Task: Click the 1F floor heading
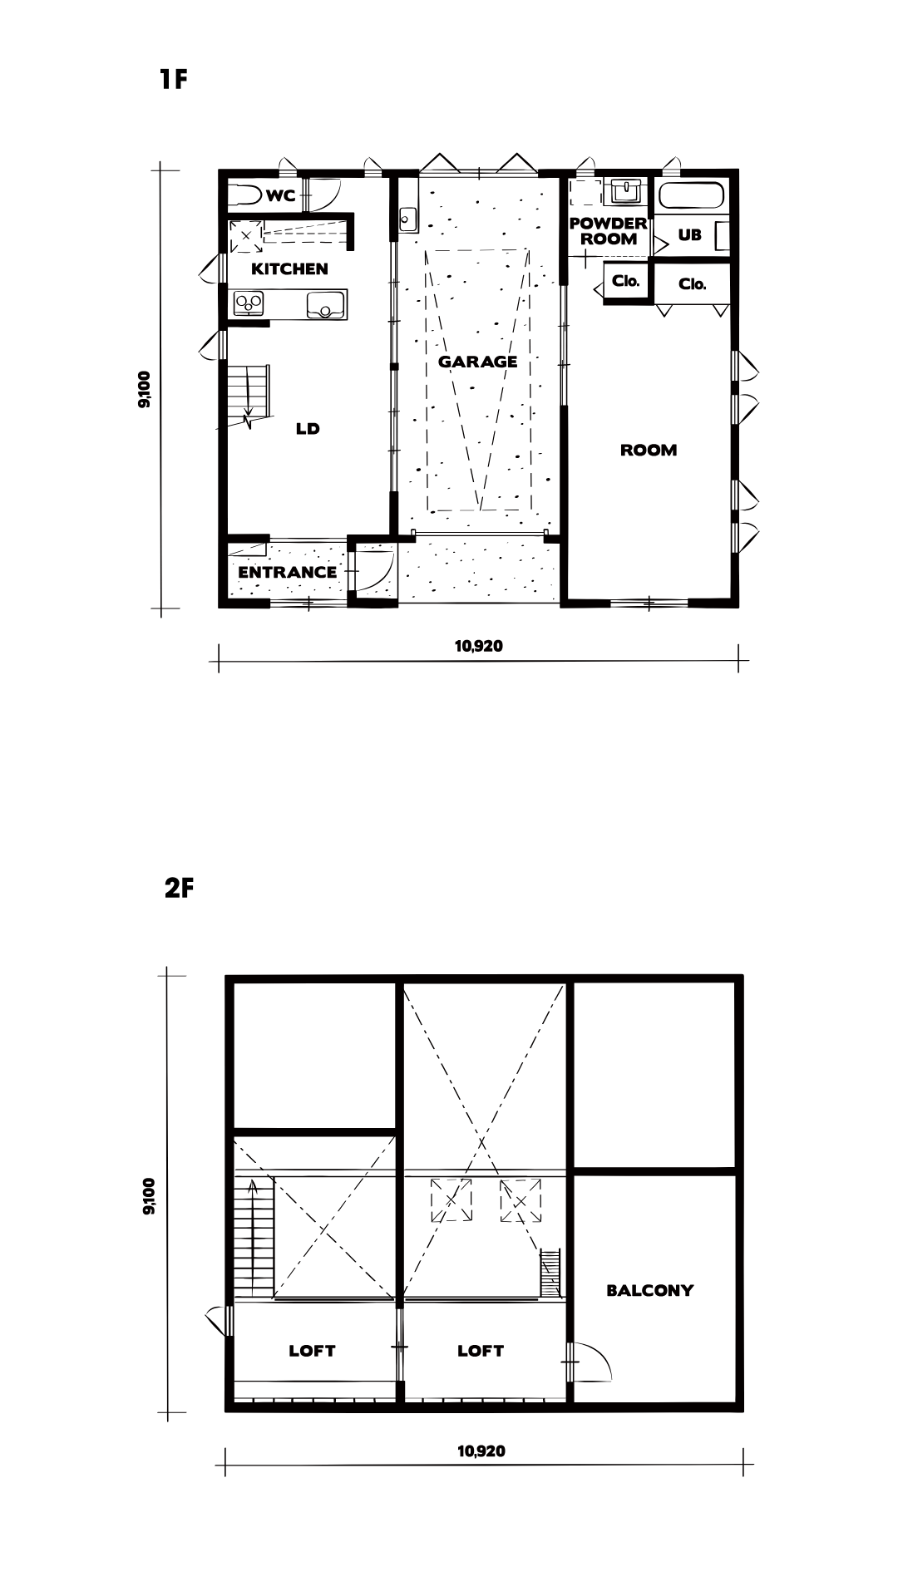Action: point(174,79)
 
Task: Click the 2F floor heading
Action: point(179,888)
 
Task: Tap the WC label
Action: point(281,196)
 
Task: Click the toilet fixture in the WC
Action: point(244,196)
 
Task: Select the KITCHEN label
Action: point(289,268)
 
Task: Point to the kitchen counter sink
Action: point(325,304)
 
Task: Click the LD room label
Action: point(308,429)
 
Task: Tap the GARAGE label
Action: point(477,362)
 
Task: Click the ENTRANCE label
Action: point(287,572)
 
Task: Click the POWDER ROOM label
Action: point(608,231)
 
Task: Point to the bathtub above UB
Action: point(691,197)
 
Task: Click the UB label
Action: point(689,235)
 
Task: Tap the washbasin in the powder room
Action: point(624,191)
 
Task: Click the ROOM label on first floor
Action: point(649,450)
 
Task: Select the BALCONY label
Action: point(649,1291)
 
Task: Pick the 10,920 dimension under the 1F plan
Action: point(479,646)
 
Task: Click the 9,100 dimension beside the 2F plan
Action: point(149,1197)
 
